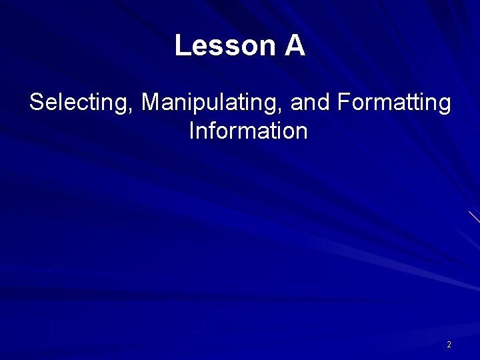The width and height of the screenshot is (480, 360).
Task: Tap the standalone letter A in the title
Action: click(x=295, y=46)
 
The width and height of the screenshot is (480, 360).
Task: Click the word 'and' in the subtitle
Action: click(x=311, y=103)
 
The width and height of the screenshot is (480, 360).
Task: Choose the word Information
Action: click(x=248, y=131)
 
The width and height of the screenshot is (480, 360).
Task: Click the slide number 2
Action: click(x=449, y=345)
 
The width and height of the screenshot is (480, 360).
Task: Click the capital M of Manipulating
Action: click(x=151, y=103)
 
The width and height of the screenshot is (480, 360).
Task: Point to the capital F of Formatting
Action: click(x=344, y=103)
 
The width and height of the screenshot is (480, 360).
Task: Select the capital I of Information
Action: click(x=192, y=131)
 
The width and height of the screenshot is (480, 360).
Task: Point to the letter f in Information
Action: click(x=214, y=130)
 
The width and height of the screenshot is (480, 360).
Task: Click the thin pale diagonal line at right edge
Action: click(x=474, y=217)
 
